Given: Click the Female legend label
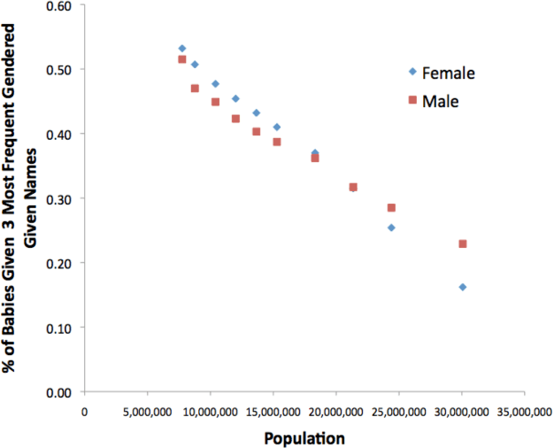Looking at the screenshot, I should [450, 73].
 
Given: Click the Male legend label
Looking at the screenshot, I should [440, 101].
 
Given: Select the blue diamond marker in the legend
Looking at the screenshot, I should [412, 72].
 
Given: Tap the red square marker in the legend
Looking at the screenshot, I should [412, 100].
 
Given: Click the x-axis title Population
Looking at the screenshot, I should [304, 437].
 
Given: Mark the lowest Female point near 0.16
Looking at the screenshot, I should [462, 287].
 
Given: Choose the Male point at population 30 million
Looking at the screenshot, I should [462, 243].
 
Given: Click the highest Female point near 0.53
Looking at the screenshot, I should [181, 49].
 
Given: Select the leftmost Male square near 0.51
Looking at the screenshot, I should [181, 59].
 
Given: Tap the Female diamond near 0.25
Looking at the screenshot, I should [391, 228].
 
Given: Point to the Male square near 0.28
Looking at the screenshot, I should [391, 207].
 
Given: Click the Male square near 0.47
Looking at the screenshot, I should [195, 89].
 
